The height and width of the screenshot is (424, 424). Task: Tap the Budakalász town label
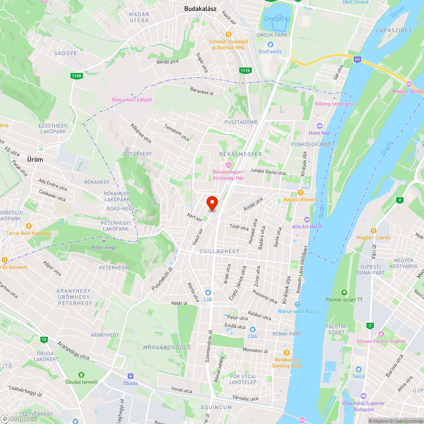201,8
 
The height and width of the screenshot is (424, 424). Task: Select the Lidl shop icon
208,292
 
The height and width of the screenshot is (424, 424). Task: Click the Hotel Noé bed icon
319,126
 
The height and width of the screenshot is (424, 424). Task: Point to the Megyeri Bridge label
408,91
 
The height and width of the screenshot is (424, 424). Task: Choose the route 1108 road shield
76,76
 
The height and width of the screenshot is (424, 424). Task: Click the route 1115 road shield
245,71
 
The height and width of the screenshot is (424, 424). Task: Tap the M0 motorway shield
357,60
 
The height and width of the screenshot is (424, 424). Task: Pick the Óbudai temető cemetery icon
81,375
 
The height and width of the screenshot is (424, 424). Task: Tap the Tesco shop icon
359,370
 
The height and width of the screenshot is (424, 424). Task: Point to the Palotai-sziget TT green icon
344,292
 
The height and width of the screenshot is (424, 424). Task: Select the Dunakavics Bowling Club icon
287,352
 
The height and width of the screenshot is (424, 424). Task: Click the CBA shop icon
252,329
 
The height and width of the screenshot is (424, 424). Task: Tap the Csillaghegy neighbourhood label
219,251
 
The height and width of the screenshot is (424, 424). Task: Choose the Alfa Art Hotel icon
307,220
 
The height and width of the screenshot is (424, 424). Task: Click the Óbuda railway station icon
131,376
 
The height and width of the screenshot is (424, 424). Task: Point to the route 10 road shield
44,339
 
